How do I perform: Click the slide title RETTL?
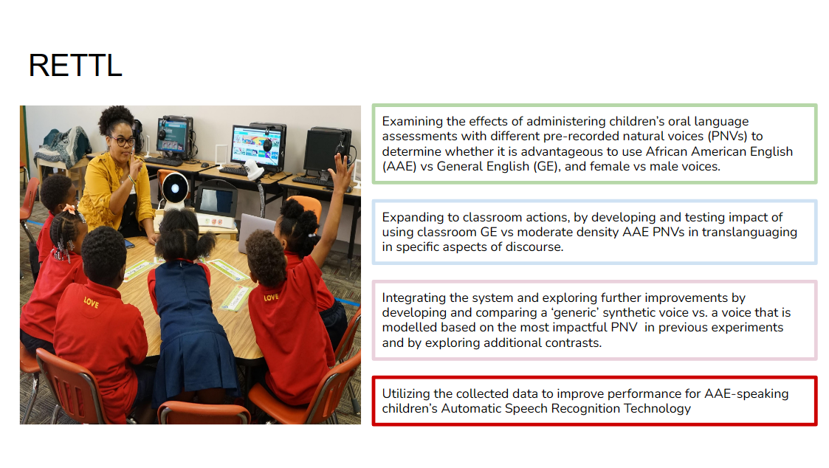click(75, 66)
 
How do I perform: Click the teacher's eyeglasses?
click(123, 142)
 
